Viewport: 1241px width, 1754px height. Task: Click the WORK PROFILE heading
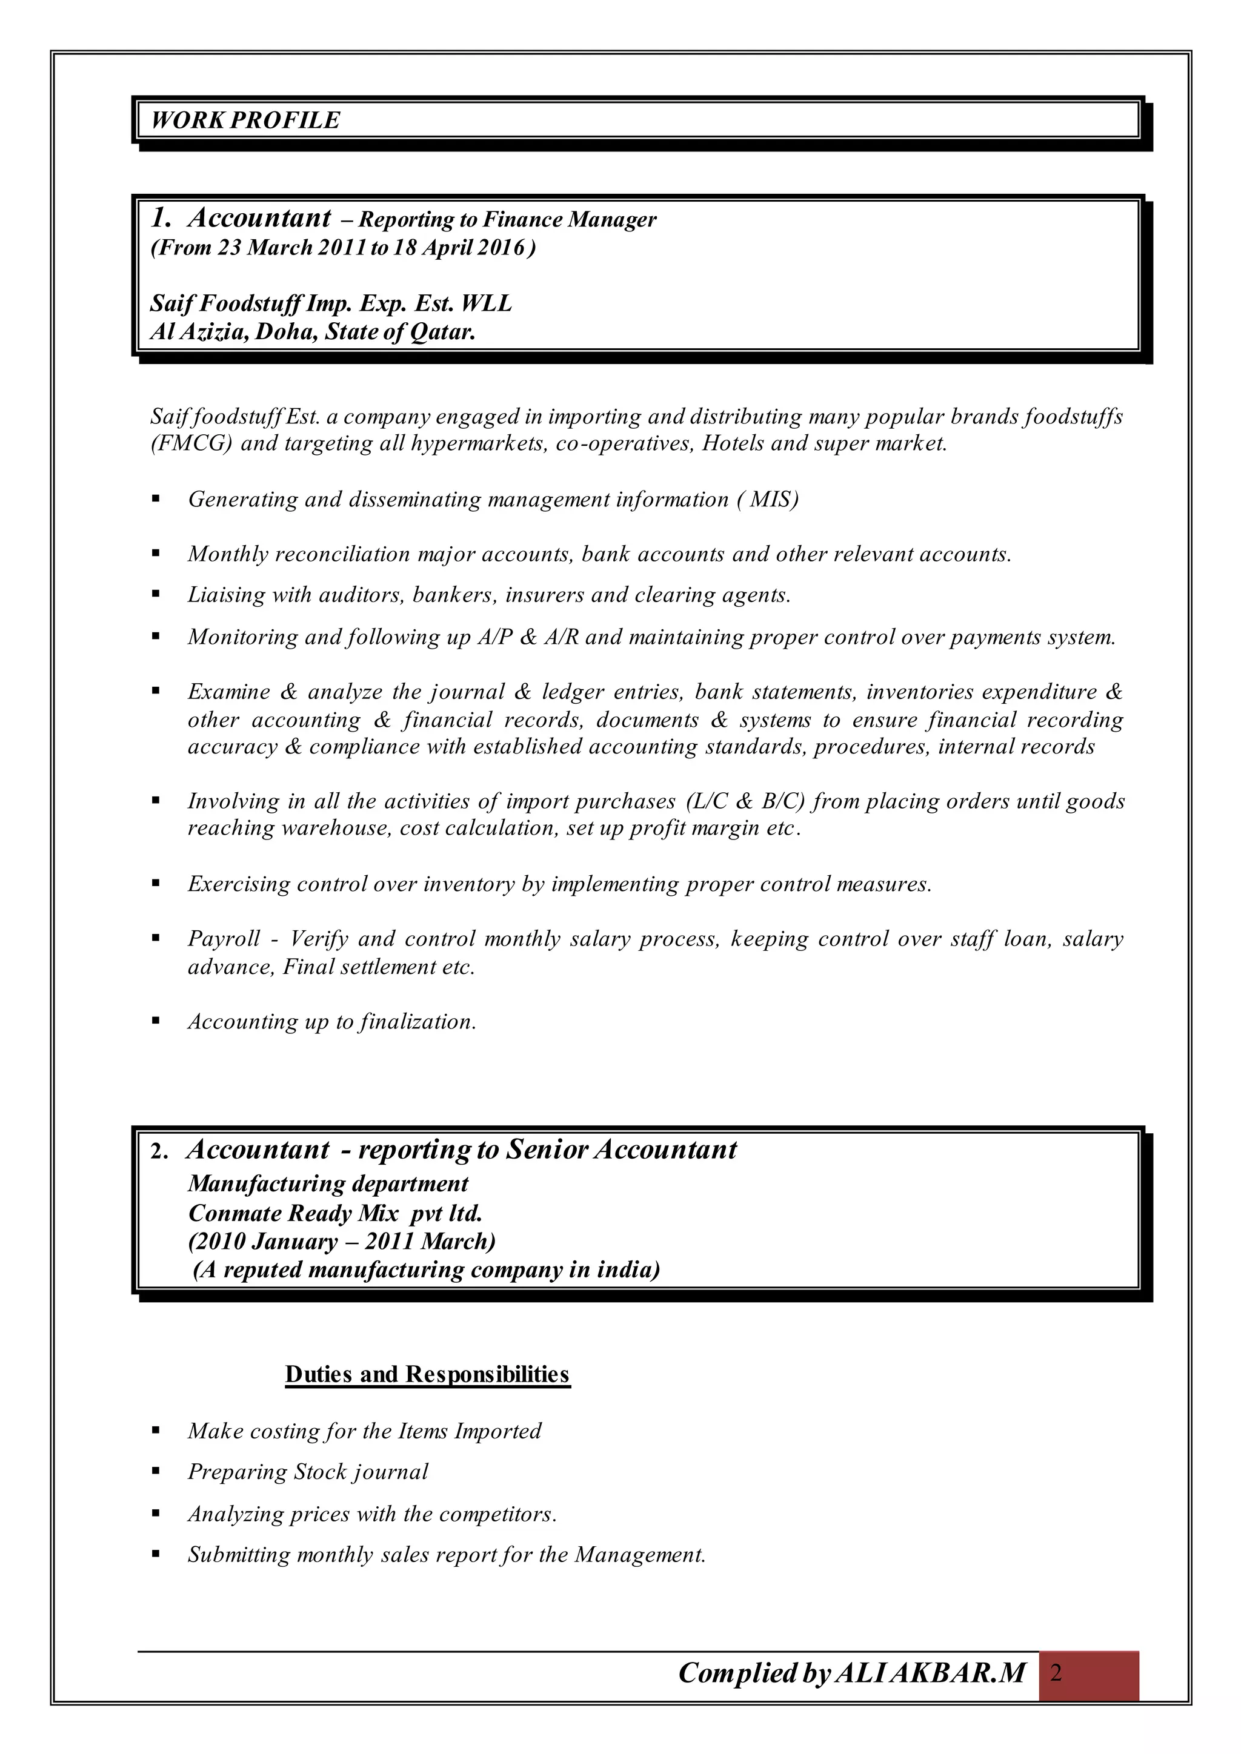coord(245,121)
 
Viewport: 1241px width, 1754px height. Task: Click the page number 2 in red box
coord(1056,1674)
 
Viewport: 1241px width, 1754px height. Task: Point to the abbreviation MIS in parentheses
coord(772,500)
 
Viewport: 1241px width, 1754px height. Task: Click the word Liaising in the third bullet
coord(219,594)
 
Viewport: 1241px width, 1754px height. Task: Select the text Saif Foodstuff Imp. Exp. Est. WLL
coord(330,304)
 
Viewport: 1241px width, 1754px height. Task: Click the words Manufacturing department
coord(328,1184)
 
